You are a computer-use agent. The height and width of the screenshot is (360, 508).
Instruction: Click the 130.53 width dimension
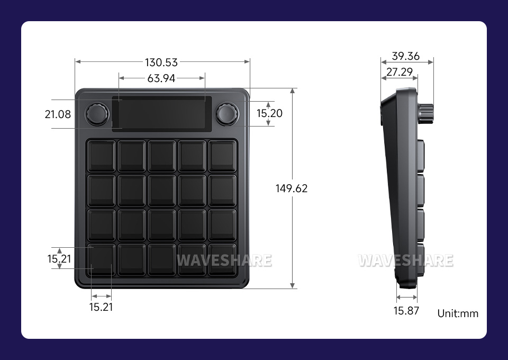(x=161, y=62)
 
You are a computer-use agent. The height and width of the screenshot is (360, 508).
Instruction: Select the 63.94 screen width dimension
(x=161, y=78)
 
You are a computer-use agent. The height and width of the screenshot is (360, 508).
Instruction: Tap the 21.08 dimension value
(x=58, y=114)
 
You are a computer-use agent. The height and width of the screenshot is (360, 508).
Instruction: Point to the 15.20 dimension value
(x=269, y=113)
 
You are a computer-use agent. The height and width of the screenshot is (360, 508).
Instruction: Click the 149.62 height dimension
(x=292, y=188)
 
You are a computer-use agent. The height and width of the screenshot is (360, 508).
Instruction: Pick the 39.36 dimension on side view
(x=406, y=56)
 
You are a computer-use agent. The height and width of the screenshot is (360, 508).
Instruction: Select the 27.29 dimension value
(x=400, y=72)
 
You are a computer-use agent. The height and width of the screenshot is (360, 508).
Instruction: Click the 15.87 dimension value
(x=406, y=311)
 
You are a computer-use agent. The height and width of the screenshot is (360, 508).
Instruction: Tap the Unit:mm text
(x=458, y=313)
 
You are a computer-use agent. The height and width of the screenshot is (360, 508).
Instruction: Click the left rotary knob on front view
(x=98, y=114)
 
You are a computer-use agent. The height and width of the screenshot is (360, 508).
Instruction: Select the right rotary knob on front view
(x=226, y=113)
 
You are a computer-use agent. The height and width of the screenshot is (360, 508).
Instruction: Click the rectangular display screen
(x=161, y=113)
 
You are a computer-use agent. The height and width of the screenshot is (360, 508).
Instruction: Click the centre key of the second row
(x=161, y=190)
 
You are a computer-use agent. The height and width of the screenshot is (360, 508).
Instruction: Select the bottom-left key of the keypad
(x=101, y=259)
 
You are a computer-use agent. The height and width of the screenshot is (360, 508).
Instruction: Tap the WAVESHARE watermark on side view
(x=405, y=260)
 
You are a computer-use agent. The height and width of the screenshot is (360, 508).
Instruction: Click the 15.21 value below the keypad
(x=101, y=307)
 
